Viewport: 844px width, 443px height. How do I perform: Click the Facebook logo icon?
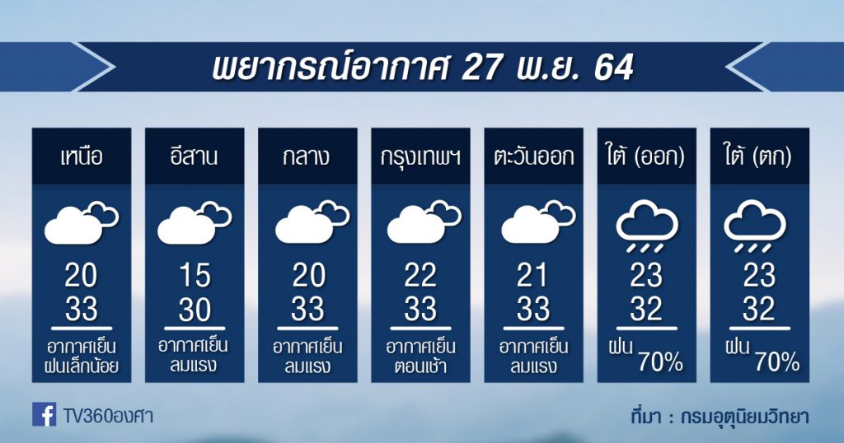[x=45, y=414]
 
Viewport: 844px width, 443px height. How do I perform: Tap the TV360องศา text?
[x=108, y=416]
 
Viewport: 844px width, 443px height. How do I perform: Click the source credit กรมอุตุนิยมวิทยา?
[x=745, y=417]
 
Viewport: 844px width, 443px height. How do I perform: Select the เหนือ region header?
[x=82, y=157]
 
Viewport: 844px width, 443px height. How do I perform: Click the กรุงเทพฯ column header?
[x=420, y=157]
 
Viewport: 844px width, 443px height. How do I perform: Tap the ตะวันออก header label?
[x=533, y=157]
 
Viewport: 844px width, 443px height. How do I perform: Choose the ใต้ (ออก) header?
[x=646, y=157]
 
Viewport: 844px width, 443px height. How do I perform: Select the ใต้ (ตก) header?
[x=759, y=157]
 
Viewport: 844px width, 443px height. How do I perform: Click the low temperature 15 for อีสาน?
[x=195, y=276]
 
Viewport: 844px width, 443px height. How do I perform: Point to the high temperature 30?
[x=195, y=310]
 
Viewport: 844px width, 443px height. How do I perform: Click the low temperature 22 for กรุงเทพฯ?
[x=420, y=276]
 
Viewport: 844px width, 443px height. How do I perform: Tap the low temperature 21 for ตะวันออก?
[x=533, y=276]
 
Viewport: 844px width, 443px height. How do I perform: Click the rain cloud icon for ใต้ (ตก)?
[x=756, y=226]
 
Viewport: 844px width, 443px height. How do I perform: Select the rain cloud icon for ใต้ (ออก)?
[x=647, y=226]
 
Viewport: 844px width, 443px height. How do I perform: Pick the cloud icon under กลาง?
[x=312, y=222]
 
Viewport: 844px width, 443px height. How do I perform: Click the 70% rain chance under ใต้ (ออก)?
[x=660, y=363]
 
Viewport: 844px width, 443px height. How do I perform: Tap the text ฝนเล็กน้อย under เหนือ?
[x=82, y=366]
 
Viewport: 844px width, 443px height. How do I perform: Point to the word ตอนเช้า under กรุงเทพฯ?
[x=421, y=366]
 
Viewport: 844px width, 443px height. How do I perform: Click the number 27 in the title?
[x=481, y=68]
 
